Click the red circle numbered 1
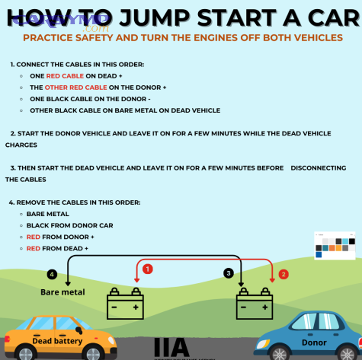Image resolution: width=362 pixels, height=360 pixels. (147, 269)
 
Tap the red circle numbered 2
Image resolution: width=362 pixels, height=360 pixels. (284, 274)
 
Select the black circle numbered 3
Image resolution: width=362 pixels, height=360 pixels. (228, 274)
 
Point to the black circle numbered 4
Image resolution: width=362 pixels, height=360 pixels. (52, 274)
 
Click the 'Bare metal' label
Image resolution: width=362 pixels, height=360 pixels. (63, 292)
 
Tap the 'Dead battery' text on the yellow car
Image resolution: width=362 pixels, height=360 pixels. (57, 341)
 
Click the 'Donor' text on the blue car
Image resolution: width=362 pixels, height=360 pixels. (314, 343)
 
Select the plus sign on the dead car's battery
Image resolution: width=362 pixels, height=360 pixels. (136, 307)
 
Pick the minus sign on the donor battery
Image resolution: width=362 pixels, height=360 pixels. (244, 307)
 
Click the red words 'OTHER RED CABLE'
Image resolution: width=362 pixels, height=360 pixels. (76, 87)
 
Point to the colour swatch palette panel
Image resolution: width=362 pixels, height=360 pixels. (335, 245)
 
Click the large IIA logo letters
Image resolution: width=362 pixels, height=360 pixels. (172, 347)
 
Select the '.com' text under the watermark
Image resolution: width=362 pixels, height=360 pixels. (95, 29)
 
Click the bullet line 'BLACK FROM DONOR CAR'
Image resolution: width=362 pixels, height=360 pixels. (70, 225)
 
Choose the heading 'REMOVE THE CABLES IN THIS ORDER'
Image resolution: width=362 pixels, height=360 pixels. (78, 202)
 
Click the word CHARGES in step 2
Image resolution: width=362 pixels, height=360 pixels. (21, 145)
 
